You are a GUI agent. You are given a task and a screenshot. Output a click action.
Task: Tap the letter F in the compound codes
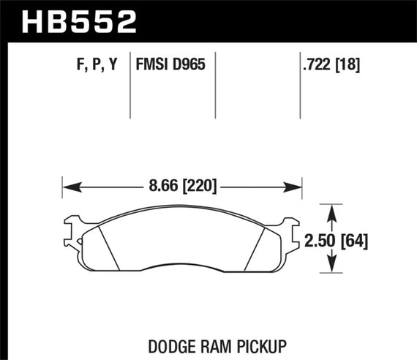click(79, 64)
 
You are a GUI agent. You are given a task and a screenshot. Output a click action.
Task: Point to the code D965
click(188, 64)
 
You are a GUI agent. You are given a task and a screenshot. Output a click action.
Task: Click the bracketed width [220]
click(192, 187)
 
